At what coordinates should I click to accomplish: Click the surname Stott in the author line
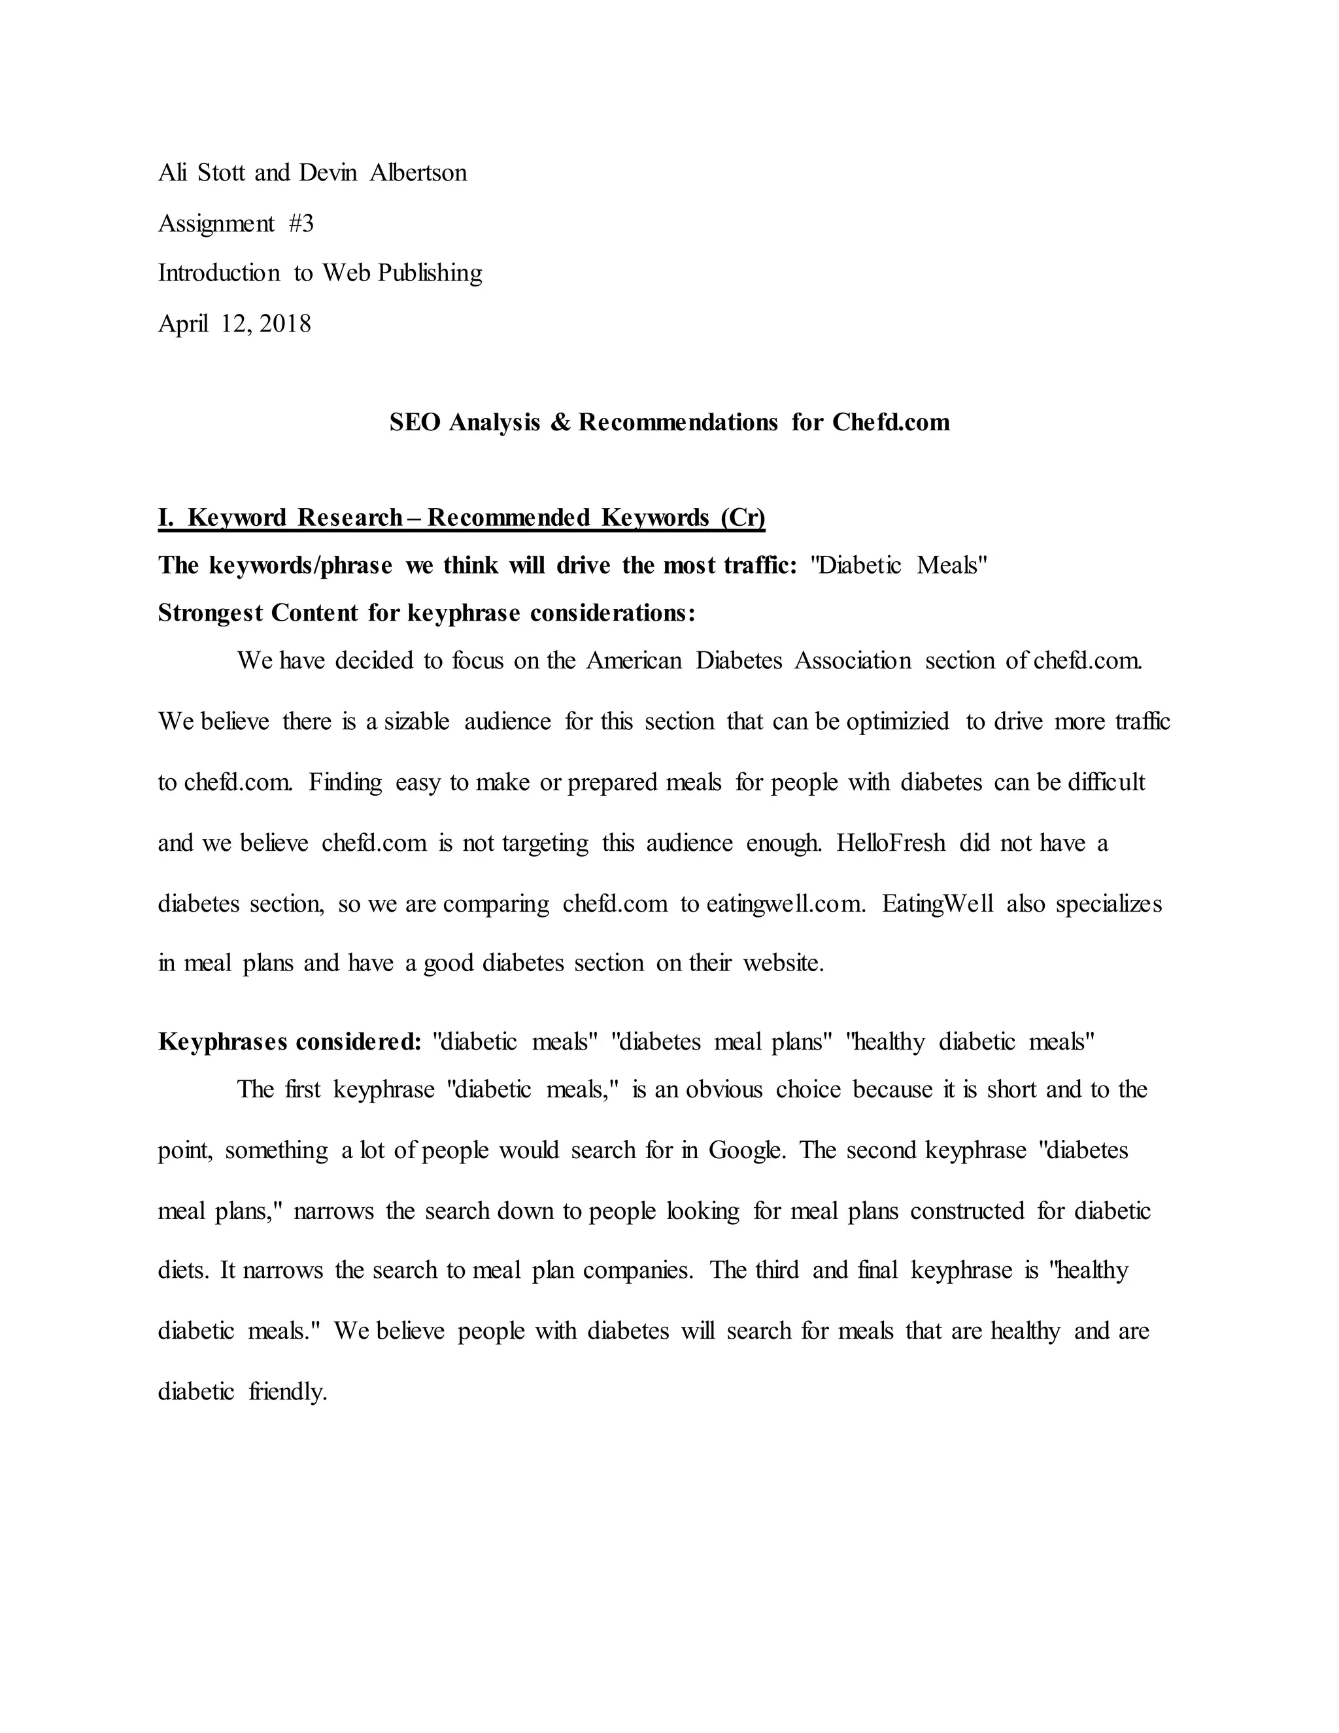point(222,173)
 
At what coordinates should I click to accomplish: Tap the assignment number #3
point(301,224)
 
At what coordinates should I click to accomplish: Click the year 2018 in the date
point(285,324)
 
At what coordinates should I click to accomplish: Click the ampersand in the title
point(560,422)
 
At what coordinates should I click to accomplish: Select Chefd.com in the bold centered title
point(891,422)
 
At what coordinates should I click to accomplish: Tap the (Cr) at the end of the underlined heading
point(743,517)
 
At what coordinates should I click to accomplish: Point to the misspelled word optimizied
point(897,721)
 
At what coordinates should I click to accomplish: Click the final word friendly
point(288,1392)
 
